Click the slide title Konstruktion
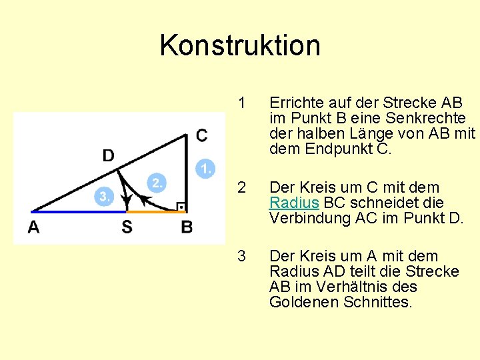pyautogui.click(x=240, y=45)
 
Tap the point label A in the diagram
pyautogui.click(x=33, y=227)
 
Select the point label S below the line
pyautogui.click(x=127, y=227)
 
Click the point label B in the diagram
pyautogui.click(x=187, y=227)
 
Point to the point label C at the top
pyautogui.click(x=201, y=136)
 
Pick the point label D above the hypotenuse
pyautogui.click(x=108, y=155)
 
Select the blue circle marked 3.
pyautogui.click(x=103, y=196)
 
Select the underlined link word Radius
pyautogui.click(x=294, y=202)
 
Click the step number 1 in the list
pyautogui.click(x=242, y=103)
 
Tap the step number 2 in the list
pyautogui.click(x=242, y=187)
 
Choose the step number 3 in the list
pyautogui.click(x=242, y=257)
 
